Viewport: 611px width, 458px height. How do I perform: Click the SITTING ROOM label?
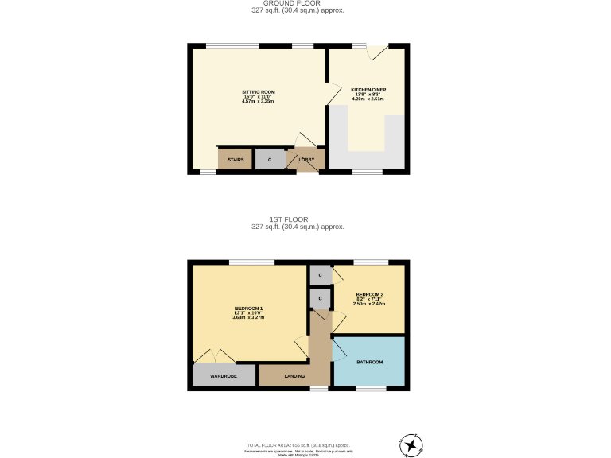click(x=259, y=92)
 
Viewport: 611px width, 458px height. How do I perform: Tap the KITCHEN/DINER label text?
click(x=368, y=90)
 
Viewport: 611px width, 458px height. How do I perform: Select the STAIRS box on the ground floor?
click(x=235, y=160)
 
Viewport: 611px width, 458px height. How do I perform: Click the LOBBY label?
click(x=306, y=160)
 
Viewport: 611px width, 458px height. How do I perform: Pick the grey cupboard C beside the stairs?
click(x=270, y=160)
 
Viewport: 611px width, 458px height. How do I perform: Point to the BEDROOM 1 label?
click(x=248, y=308)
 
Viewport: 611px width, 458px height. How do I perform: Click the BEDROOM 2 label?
click(x=369, y=293)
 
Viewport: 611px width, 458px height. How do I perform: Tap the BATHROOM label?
click(x=369, y=362)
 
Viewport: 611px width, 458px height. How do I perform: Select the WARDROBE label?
click(x=224, y=375)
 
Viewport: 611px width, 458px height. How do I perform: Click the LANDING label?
click(x=294, y=375)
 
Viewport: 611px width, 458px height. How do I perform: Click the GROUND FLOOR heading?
click(x=298, y=3)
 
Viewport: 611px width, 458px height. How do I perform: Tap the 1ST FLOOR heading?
click(x=298, y=219)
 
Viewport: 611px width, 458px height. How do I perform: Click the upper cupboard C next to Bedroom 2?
click(x=320, y=275)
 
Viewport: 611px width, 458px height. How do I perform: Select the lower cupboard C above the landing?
click(x=320, y=298)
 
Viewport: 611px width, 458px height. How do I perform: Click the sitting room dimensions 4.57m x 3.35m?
click(x=258, y=102)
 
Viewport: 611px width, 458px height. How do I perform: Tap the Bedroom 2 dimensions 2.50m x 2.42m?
click(x=369, y=303)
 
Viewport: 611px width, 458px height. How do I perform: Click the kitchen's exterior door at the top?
click(x=377, y=52)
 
